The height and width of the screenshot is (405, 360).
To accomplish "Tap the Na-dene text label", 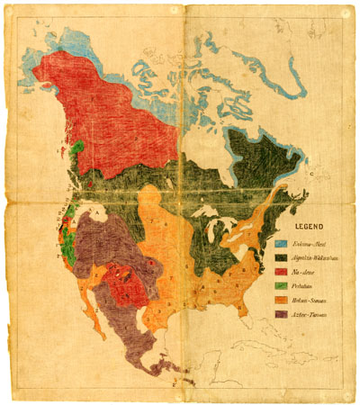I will [x=307, y=271].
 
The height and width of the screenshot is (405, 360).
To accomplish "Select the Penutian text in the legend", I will [x=308, y=285].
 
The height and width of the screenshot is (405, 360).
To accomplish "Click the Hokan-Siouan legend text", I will [x=312, y=300].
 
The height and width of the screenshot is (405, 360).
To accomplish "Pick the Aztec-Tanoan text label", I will [x=311, y=314].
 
